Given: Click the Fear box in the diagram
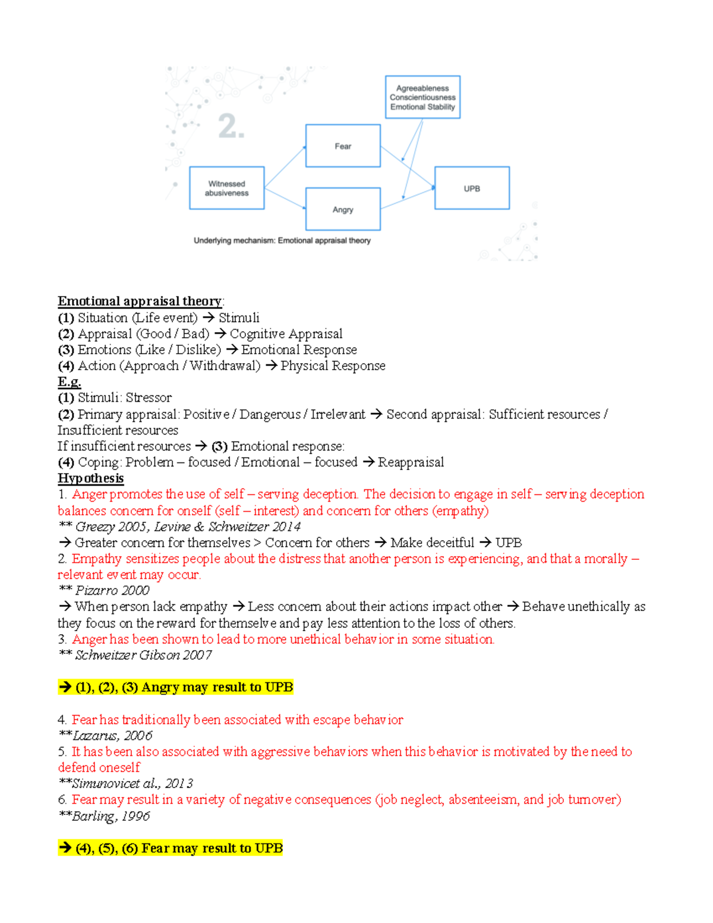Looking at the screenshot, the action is point(343,146).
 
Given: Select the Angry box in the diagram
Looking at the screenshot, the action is point(343,209).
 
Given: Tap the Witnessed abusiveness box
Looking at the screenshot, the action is point(226,188).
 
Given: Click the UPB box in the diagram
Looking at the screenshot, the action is point(472,188).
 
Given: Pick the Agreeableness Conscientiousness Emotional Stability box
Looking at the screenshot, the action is point(422,97).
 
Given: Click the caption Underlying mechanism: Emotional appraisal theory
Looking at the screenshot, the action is point(282,241).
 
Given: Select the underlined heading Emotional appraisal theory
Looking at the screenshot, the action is point(140,301).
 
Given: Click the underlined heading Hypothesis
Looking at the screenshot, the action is point(91,478).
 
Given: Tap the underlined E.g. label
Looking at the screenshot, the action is point(70,382).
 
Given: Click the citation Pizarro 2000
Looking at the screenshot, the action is point(112,591).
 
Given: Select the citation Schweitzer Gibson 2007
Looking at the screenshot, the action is point(143,655).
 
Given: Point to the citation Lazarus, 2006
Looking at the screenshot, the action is point(112,736).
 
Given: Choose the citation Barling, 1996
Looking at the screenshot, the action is point(111,816).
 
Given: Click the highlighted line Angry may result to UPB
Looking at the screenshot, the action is point(176,688).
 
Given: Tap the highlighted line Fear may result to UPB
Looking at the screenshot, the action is point(171,848).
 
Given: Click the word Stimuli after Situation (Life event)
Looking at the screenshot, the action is point(239,318).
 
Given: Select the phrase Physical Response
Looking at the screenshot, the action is point(333,366).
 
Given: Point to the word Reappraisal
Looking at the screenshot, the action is point(411,462).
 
